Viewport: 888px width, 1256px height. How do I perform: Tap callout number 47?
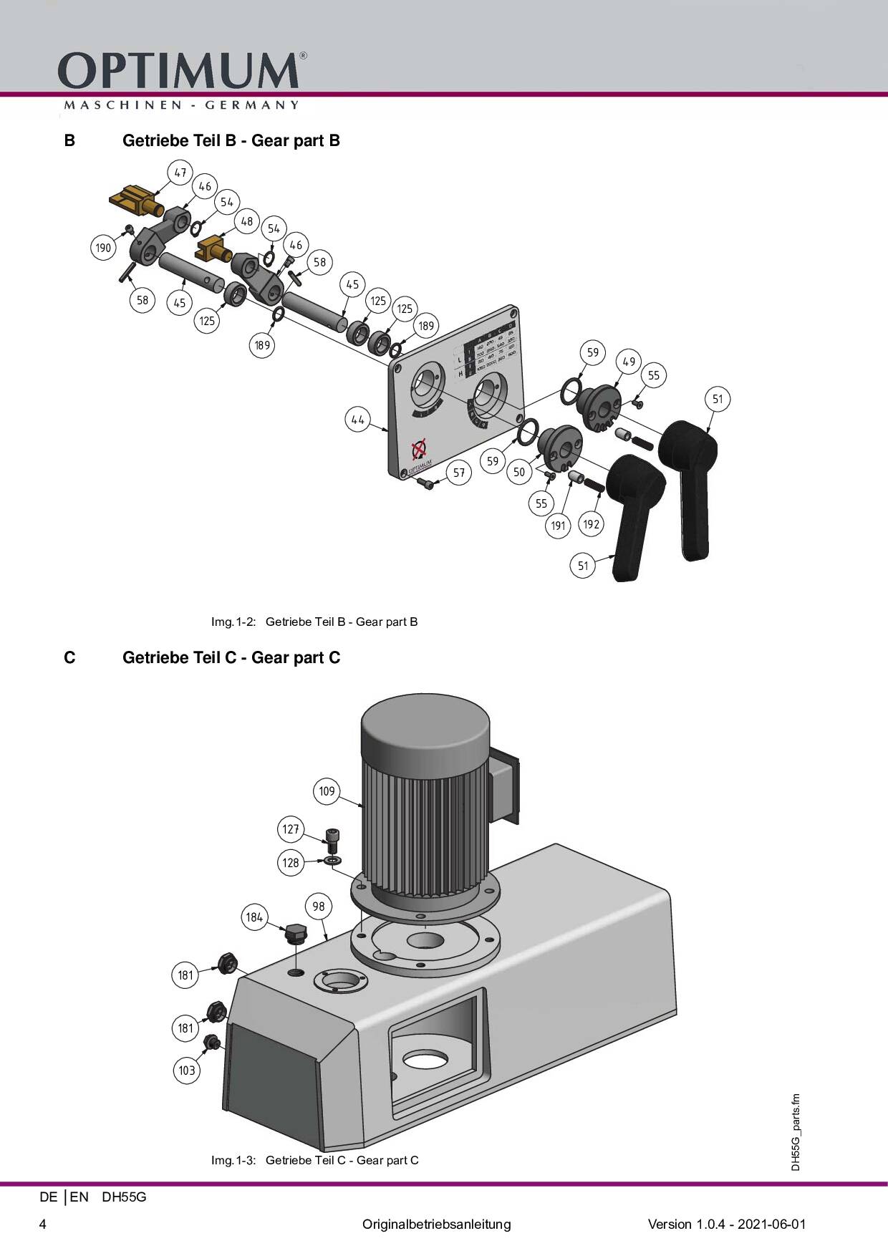tap(180, 173)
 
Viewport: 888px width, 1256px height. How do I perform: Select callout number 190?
tap(103, 248)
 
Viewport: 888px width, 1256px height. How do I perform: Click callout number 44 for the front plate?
tap(357, 420)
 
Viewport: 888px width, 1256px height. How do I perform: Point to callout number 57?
tap(459, 473)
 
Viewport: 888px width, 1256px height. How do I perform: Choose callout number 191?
tap(558, 526)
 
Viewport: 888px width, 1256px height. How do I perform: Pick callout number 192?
tap(591, 524)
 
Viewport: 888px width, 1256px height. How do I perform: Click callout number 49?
tap(629, 362)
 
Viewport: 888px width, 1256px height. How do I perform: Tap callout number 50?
tap(519, 472)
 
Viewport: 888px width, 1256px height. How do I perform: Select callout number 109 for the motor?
tap(327, 791)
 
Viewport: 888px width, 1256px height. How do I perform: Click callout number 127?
tap(290, 829)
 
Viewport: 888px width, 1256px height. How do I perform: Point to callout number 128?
tap(290, 863)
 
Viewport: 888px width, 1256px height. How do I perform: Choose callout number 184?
tap(254, 917)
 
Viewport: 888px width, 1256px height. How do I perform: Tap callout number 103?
tap(187, 1071)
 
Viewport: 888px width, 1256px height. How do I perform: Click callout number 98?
tap(319, 907)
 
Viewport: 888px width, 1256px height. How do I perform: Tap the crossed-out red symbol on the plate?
tap(419, 450)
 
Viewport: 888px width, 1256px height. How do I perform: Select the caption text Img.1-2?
tap(233, 622)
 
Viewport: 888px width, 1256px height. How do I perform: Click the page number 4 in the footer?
tap(43, 1224)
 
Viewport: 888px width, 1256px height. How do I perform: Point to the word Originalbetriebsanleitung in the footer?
tap(436, 1224)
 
